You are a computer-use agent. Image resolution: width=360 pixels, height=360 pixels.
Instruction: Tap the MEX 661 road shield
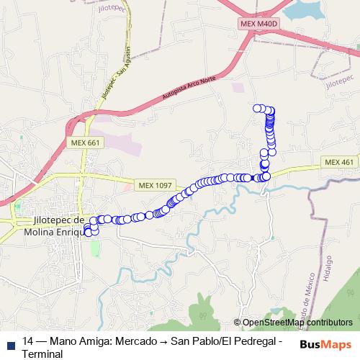pyautogui.click(x=86, y=143)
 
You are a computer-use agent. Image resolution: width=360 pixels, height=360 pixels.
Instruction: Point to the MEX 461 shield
pyautogui.click(x=338, y=162)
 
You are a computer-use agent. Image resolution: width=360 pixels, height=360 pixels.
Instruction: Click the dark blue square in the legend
pyautogui.click(x=11, y=341)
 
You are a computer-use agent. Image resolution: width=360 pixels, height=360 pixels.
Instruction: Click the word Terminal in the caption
pyautogui.click(x=43, y=354)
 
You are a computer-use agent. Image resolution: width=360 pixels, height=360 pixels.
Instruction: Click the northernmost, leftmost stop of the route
pyautogui.click(x=256, y=108)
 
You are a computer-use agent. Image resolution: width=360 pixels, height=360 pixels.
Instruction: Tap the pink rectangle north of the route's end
pyautogui.click(x=238, y=87)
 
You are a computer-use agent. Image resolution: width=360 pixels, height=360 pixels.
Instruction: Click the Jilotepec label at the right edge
pyautogui.click(x=338, y=81)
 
